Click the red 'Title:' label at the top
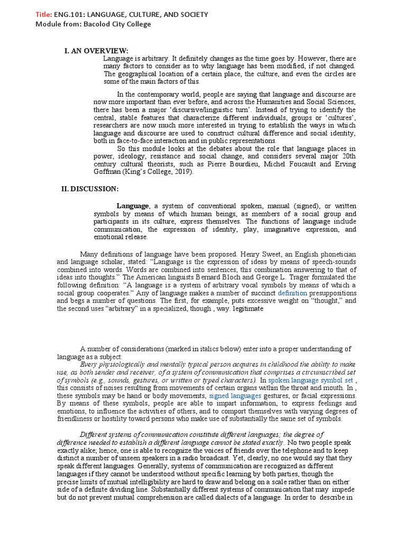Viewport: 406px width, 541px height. pos(44,15)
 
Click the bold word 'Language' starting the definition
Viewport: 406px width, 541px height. pos(133,206)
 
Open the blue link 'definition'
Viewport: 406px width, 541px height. pos(292,292)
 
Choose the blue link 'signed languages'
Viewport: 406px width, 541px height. pos(235,395)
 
